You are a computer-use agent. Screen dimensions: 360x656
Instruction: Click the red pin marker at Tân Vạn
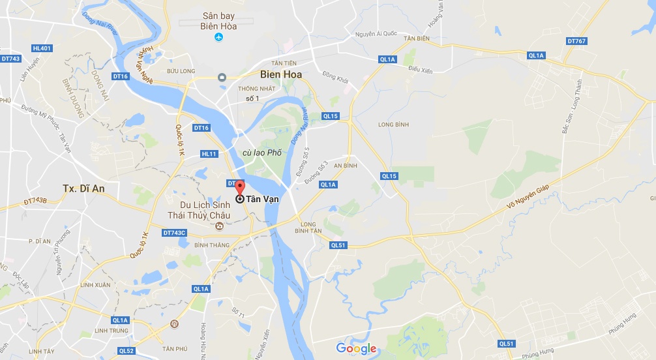point(239,188)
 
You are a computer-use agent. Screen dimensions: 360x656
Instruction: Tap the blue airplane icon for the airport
point(219,37)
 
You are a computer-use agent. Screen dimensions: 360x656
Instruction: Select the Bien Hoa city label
point(280,74)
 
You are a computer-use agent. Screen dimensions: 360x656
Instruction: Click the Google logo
point(357,348)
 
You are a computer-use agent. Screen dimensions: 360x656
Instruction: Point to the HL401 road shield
point(41,48)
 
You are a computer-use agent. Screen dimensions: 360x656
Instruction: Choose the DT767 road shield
point(576,41)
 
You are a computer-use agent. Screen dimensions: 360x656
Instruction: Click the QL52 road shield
point(127,351)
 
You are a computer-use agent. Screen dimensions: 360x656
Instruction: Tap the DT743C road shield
point(175,233)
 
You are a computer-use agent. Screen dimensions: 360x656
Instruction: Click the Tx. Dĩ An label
point(83,188)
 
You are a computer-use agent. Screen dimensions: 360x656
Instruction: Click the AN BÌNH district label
point(346,166)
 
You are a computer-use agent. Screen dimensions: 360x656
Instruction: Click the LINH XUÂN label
point(95,285)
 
